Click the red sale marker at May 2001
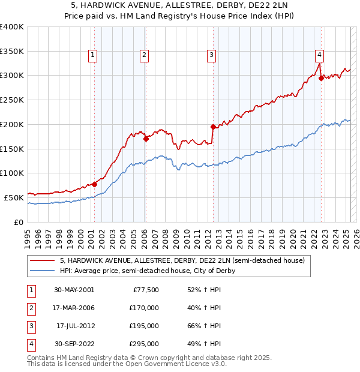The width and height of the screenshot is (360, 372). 94,184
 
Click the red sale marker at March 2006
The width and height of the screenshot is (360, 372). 146,139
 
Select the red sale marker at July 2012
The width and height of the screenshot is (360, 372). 213,127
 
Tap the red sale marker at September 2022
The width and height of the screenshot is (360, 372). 321,77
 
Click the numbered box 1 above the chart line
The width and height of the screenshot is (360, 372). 93,56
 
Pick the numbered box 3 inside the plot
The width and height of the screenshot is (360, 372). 212,56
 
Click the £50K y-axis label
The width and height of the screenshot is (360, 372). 14,197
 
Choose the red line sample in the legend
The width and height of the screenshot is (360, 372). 43,261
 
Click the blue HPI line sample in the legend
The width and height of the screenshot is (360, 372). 43,271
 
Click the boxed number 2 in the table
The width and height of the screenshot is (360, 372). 31,308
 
